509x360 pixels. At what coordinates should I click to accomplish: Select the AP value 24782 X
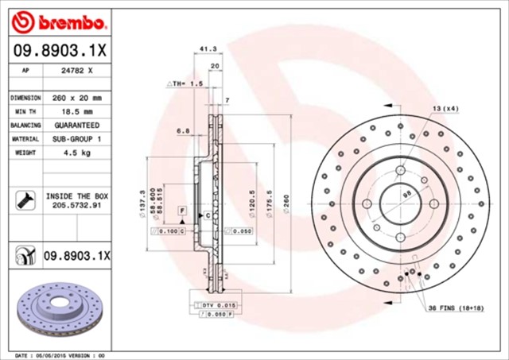(x=76, y=70)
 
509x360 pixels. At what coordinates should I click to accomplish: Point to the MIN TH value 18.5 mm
(x=76, y=112)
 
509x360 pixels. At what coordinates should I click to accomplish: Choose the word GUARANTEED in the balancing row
(x=76, y=126)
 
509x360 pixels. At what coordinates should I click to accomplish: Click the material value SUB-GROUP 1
(x=76, y=139)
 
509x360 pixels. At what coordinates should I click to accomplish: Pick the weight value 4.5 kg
(x=76, y=153)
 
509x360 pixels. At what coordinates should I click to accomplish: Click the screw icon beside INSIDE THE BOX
(x=23, y=199)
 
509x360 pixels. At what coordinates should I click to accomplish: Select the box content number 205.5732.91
(x=76, y=204)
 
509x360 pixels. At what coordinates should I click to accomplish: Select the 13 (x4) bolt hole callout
(x=445, y=107)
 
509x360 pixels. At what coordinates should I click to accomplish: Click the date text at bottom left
(x=60, y=354)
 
